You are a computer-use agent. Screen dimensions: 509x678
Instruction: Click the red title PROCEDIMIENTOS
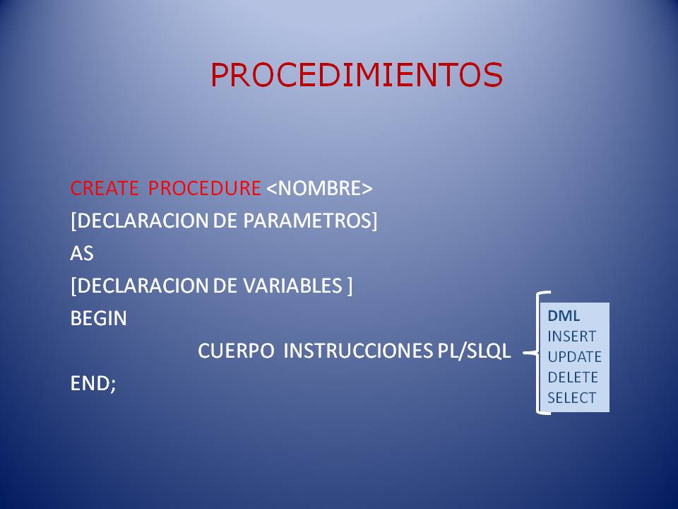pos(357,75)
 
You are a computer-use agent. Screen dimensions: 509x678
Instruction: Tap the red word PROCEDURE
pos(205,189)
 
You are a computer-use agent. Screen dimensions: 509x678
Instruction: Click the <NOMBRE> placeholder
pos(319,189)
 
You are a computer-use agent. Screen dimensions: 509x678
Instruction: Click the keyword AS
pos(82,254)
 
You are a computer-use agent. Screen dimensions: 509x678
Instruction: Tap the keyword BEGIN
pos(99,319)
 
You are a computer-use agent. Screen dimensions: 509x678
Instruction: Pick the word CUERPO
pos(237,351)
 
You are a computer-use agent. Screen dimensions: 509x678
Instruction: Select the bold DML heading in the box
pos(564,316)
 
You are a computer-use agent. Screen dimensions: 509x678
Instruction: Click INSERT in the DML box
pos(571,337)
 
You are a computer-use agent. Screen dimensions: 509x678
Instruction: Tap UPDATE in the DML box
pos(574,357)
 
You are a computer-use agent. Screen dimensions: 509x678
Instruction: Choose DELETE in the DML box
pos(573,378)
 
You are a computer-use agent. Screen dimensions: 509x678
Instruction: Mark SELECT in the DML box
pos(571,398)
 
